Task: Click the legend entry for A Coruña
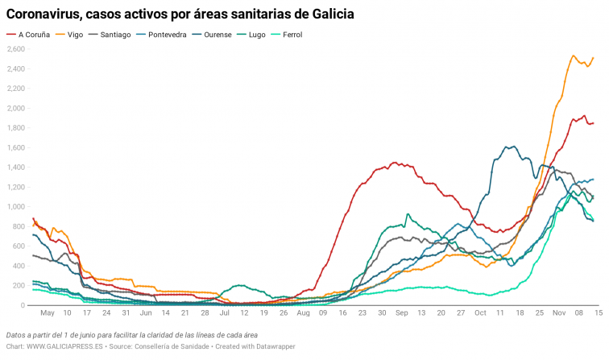(x=32, y=35)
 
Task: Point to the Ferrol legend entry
(x=300, y=35)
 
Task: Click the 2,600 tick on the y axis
(x=16, y=49)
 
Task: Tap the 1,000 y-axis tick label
(x=16, y=207)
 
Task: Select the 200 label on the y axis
(x=19, y=286)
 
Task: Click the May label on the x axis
(x=47, y=313)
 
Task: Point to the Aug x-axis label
(x=303, y=313)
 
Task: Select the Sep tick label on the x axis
(x=401, y=313)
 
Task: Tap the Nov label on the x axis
(x=559, y=313)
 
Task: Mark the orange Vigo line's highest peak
(x=573, y=56)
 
